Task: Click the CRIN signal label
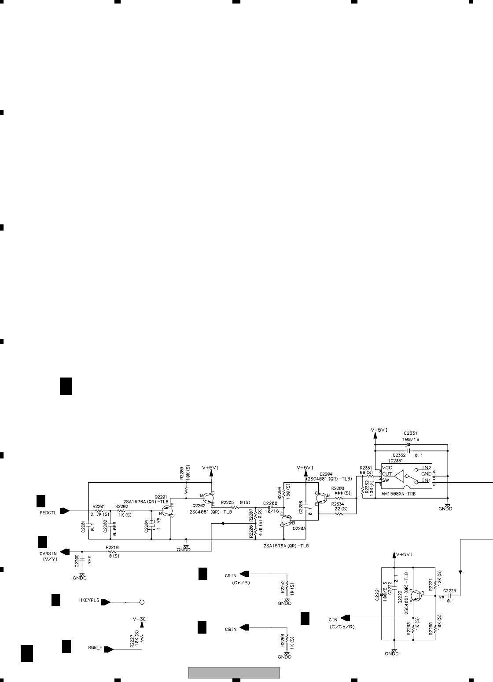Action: click(x=231, y=575)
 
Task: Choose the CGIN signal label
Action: click(x=231, y=629)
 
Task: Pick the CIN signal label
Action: click(x=333, y=619)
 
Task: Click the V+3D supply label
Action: click(x=140, y=619)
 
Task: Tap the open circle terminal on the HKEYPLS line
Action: click(x=142, y=602)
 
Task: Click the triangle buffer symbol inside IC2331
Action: click(x=400, y=476)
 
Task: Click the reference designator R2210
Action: click(x=113, y=547)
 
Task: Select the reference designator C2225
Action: click(x=450, y=590)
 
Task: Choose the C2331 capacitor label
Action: click(x=410, y=433)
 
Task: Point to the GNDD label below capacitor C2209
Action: click(x=80, y=579)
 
